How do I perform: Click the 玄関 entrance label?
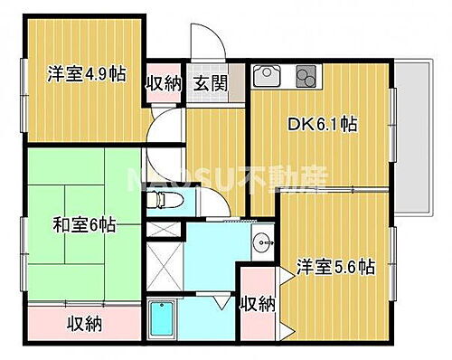[209, 82]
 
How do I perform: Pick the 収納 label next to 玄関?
[165, 82]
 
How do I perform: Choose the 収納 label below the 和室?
[84, 323]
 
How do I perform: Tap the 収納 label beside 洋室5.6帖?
[258, 305]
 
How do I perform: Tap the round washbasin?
[262, 242]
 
